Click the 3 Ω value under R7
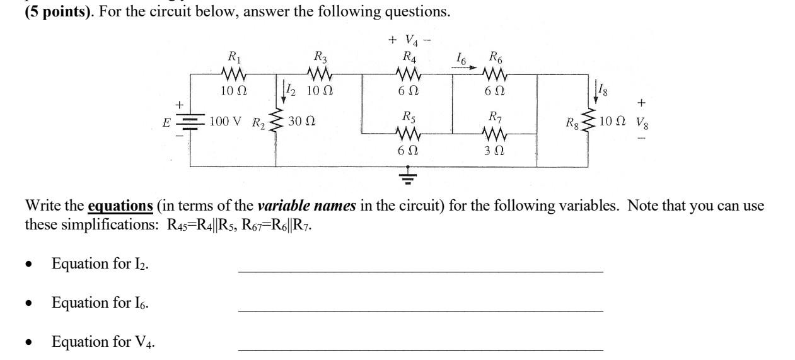point(494,151)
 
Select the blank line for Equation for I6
point(420,310)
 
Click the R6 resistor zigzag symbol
point(494,74)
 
